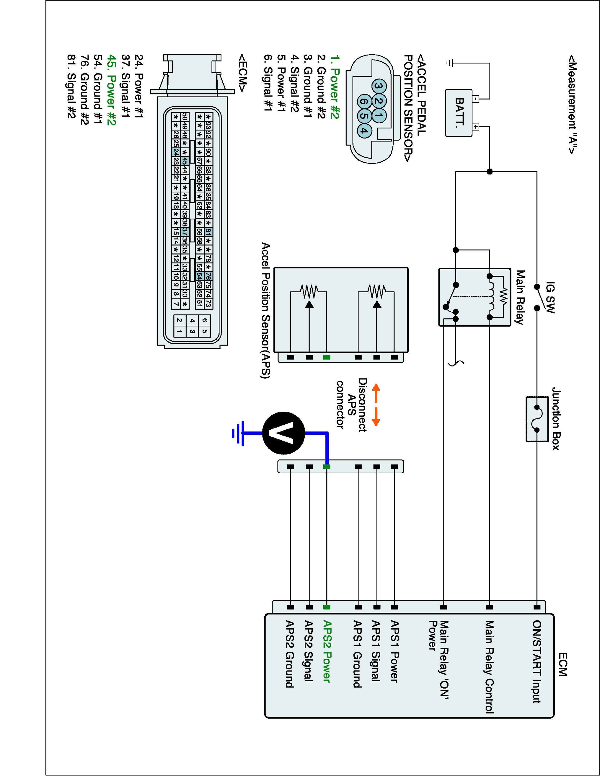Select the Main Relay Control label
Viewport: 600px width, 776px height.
(x=489, y=667)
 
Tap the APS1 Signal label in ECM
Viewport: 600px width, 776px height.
(x=376, y=651)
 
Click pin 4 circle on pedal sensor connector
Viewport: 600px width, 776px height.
(x=363, y=130)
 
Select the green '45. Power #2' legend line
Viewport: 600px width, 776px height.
(x=112, y=90)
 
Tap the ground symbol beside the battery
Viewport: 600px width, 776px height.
(x=449, y=63)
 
